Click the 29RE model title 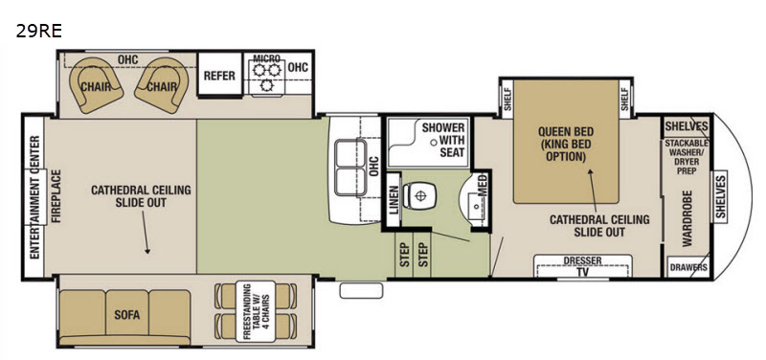pyautogui.click(x=38, y=32)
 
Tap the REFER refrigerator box pyautogui.click(x=219, y=75)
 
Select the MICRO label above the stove pyautogui.click(x=267, y=58)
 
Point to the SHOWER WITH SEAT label pyautogui.click(x=443, y=140)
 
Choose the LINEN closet pyautogui.click(x=394, y=199)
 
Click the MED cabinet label pyautogui.click(x=483, y=186)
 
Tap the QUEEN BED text pyautogui.click(x=566, y=131)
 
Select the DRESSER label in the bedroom pyautogui.click(x=582, y=260)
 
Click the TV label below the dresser pyautogui.click(x=582, y=272)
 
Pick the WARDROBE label pyautogui.click(x=687, y=218)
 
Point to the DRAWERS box pyautogui.click(x=687, y=267)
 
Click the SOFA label pyautogui.click(x=127, y=315)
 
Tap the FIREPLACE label pyautogui.click(x=56, y=196)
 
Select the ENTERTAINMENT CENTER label pyautogui.click(x=34, y=197)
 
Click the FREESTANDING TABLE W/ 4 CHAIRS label pyautogui.click(x=255, y=311)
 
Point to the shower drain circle pyautogui.click(x=433, y=142)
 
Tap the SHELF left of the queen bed pyautogui.click(x=507, y=99)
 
